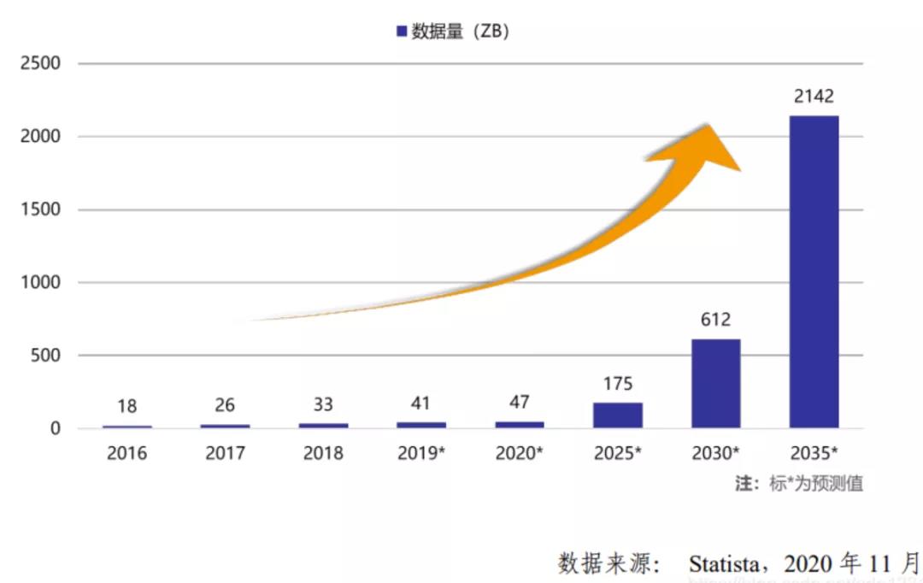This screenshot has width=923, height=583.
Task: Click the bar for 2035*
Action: (x=814, y=272)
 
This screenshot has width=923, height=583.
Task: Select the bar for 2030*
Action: (x=715, y=384)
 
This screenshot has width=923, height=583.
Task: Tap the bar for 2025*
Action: (x=617, y=415)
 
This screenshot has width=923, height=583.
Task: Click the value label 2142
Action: (x=814, y=97)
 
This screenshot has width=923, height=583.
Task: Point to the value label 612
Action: (x=715, y=320)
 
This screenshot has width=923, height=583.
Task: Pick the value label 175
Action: (x=617, y=384)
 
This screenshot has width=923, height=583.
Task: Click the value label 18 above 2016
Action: (x=126, y=406)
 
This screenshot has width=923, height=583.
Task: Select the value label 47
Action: (x=519, y=403)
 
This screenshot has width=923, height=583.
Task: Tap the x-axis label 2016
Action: (x=126, y=453)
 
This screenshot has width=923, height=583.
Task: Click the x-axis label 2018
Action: (x=323, y=453)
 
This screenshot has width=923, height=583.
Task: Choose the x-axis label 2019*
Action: (x=421, y=453)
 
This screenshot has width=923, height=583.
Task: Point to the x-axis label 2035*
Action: (x=814, y=453)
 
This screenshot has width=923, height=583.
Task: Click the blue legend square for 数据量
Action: (x=401, y=32)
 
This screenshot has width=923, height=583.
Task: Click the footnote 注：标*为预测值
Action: (x=799, y=483)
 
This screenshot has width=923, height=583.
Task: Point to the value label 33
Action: (x=323, y=404)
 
